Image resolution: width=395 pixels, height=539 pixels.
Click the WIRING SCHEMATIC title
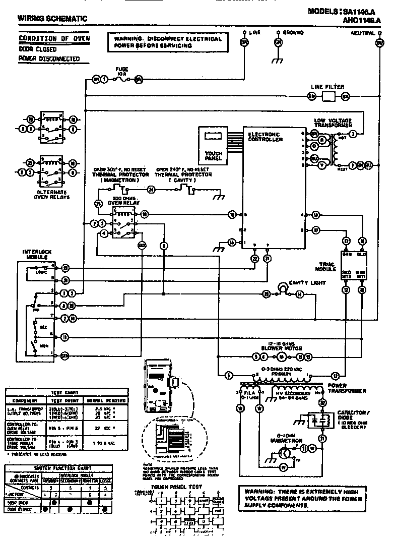tap(52, 19)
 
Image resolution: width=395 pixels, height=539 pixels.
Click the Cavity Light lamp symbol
tap(284, 287)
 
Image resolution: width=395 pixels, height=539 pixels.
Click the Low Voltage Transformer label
tap(339, 123)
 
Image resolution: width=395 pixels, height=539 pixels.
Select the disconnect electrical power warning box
tap(168, 42)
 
